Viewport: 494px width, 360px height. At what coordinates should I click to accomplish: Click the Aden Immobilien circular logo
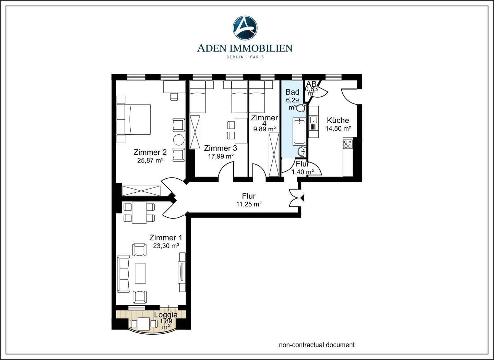click(x=245, y=28)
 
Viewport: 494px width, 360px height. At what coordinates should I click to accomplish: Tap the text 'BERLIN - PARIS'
click(x=245, y=57)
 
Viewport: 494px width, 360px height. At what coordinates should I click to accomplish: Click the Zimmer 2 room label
click(x=150, y=152)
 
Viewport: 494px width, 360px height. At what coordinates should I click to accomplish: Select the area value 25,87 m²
click(x=150, y=160)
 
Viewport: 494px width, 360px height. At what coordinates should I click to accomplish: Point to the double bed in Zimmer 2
click(x=138, y=119)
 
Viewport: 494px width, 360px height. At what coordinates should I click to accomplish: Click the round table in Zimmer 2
click(x=179, y=140)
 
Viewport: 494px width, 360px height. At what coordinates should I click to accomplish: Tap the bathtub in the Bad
click(x=299, y=131)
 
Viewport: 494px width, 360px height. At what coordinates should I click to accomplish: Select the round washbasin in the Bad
click(x=302, y=152)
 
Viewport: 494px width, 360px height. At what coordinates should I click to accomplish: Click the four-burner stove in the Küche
click(x=348, y=144)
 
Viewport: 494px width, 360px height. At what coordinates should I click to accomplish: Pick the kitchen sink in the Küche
click(x=314, y=120)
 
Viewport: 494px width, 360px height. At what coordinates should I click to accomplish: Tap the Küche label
click(x=338, y=120)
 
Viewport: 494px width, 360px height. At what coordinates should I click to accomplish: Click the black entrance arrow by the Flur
click(x=302, y=198)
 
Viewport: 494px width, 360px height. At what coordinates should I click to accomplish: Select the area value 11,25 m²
click(x=249, y=204)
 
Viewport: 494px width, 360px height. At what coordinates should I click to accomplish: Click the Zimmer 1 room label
click(x=166, y=238)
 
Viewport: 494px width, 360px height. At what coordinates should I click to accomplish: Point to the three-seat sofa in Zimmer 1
click(x=123, y=274)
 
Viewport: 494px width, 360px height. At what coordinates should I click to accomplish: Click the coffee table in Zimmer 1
click(x=141, y=273)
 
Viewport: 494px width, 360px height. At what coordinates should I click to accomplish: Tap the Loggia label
click(x=166, y=315)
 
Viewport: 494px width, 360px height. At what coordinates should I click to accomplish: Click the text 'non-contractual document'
click(x=317, y=345)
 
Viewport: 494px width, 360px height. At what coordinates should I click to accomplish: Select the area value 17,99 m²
click(x=221, y=156)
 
